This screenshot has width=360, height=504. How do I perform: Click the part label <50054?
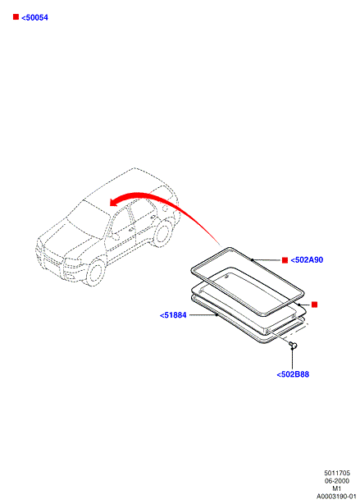click(34, 18)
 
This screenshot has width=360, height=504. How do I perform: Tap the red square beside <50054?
click(16, 16)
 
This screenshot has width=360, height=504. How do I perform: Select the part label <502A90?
click(307, 260)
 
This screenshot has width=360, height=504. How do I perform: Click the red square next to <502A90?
click(285, 260)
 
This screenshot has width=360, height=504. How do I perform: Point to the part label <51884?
click(173, 315)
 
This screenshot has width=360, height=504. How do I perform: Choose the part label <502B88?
click(293, 374)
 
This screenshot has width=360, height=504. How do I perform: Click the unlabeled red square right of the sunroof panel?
click(314, 305)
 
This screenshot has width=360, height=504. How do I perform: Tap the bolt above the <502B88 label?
click(293, 346)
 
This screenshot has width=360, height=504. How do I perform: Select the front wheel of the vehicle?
click(96, 271)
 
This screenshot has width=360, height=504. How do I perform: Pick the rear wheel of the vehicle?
click(163, 232)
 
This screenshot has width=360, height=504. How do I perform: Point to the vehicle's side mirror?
click(115, 237)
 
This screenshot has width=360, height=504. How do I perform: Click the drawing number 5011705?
click(337, 473)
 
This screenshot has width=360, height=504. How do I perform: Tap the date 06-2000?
click(337, 481)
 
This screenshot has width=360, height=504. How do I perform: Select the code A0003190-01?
click(336, 497)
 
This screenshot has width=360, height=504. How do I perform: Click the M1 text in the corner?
click(337, 488)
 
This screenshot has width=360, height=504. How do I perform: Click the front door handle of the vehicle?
click(131, 230)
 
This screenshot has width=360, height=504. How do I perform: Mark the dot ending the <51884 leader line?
click(216, 315)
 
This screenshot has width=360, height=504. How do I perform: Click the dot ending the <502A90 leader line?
click(253, 259)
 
